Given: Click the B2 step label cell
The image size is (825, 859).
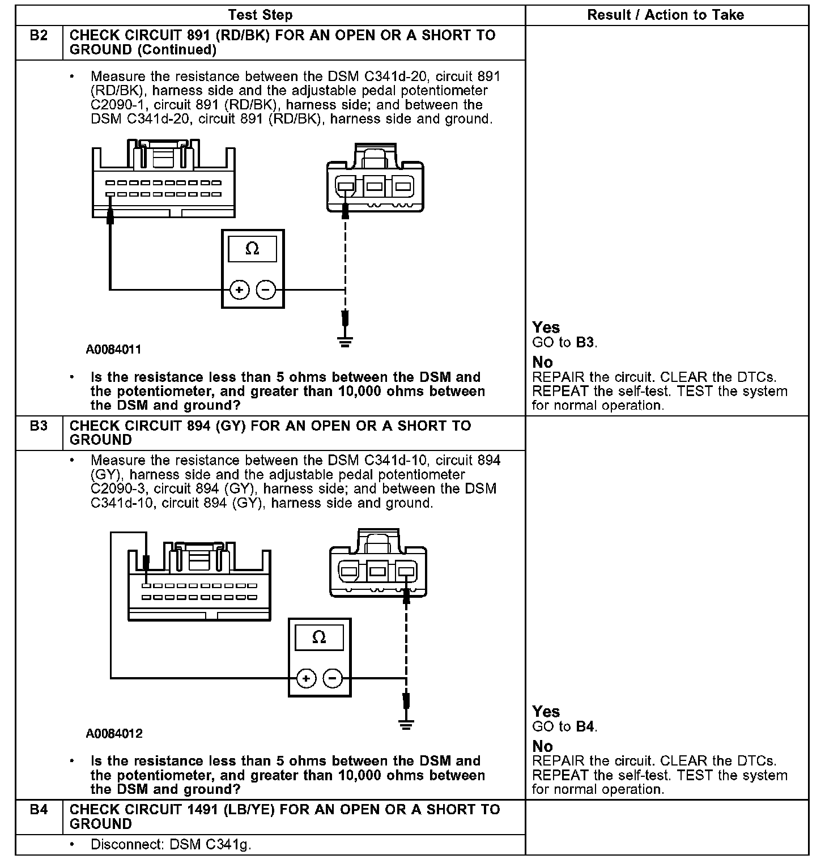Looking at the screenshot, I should (x=38, y=36).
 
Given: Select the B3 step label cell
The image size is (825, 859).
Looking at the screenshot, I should (x=38, y=426).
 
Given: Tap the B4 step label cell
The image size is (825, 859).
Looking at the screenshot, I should (x=38, y=810).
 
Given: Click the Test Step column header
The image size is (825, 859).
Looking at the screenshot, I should (x=260, y=15).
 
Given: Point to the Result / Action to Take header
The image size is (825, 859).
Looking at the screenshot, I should (x=665, y=15).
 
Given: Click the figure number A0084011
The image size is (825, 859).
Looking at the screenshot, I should (x=113, y=350).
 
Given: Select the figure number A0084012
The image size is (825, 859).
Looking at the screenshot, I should (x=114, y=734).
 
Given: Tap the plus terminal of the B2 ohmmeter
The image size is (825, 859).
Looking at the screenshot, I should (x=240, y=290).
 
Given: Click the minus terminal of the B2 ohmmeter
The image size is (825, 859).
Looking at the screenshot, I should (x=266, y=290).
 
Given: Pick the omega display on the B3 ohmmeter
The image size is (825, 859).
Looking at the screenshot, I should (x=319, y=637).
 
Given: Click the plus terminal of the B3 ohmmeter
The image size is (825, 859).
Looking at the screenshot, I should (x=306, y=678).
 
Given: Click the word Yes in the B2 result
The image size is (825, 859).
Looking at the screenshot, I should (x=546, y=328).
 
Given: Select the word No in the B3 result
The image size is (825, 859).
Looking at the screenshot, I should (x=542, y=746).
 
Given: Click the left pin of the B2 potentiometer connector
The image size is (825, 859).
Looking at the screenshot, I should (x=346, y=185).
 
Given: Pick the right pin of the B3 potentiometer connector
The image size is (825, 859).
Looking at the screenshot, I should (x=406, y=570).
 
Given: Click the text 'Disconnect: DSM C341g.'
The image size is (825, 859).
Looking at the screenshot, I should (x=170, y=844).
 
